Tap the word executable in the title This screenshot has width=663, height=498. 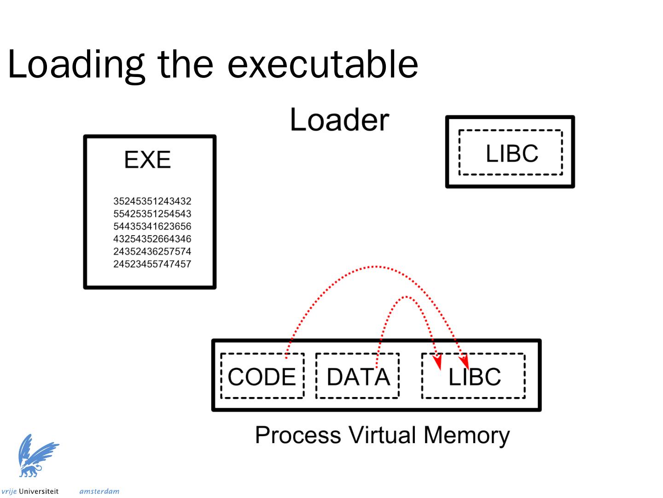click(x=323, y=64)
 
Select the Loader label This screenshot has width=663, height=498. click(x=339, y=120)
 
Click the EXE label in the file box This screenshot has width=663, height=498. click(x=147, y=160)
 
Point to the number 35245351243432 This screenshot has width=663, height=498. click(x=152, y=201)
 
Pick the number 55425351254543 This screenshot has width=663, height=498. click(x=152, y=214)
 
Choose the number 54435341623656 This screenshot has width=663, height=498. click(x=152, y=226)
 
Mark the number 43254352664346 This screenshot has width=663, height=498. click(x=152, y=239)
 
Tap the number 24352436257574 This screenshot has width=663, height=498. click(x=152, y=251)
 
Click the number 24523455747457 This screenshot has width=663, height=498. click(x=152, y=264)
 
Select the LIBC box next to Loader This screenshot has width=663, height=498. click(x=511, y=152)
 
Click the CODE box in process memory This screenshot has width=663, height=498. click(x=262, y=376)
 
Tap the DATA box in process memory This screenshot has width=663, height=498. click(x=358, y=376)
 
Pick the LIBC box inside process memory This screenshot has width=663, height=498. click(x=473, y=376)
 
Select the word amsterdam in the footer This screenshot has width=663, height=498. click(x=99, y=492)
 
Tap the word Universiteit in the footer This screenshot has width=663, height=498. click(x=39, y=492)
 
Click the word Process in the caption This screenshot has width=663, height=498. click(x=298, y=435)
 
